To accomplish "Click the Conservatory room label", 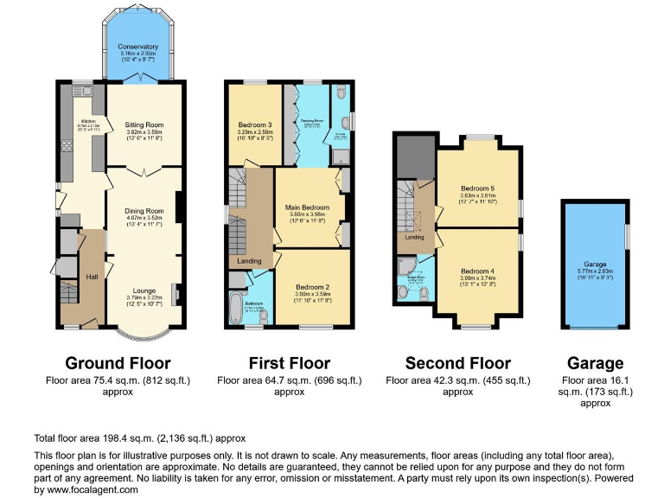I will point(138,47).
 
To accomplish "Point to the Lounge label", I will point(144,290).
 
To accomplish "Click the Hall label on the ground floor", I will point(92,277).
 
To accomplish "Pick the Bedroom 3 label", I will point(250,125).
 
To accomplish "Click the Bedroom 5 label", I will point(477,188).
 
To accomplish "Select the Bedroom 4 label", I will point(477,271).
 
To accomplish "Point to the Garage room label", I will point(595,264).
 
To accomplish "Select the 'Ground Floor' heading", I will point(118,363).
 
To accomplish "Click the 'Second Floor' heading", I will point(457,363).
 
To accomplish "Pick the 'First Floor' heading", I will point(290,363).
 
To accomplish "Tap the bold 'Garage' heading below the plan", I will point(595,363).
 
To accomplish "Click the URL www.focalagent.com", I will point(94,489).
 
